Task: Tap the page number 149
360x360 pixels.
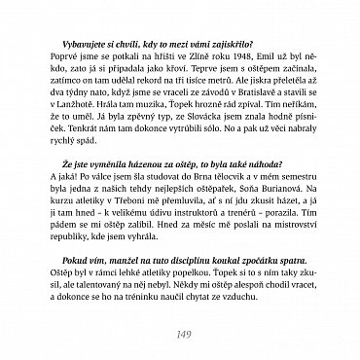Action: [x=179, y=336]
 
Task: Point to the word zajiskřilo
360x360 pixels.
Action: [x=225, y=45]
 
